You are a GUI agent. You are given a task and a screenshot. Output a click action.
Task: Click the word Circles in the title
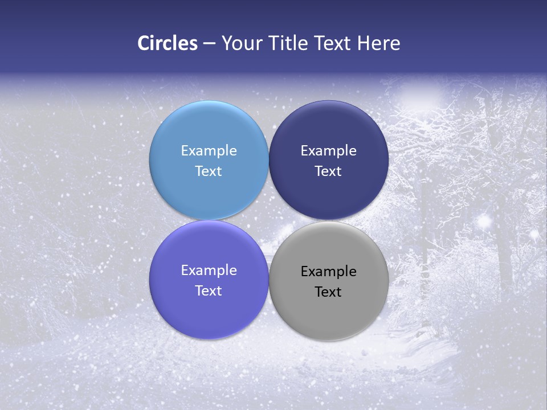click(167, 43)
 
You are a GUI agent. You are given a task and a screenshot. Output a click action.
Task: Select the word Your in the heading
click(239, 43)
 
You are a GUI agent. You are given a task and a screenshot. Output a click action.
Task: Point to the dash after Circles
click(209, 44)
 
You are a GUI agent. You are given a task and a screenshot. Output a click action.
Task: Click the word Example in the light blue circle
click(209, 151)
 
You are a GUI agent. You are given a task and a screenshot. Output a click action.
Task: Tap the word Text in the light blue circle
click(209, 171)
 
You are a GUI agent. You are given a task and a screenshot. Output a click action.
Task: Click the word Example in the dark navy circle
click(328, 151)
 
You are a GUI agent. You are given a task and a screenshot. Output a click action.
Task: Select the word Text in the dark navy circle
click(328, 171)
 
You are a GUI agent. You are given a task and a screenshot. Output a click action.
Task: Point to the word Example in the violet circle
click(209, 270)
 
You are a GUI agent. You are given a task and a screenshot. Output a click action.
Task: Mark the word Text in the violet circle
click(209, 291)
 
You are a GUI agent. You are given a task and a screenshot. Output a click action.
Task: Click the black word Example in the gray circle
click(328, 272)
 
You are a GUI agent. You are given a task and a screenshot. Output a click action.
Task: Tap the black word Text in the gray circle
click(328, 292)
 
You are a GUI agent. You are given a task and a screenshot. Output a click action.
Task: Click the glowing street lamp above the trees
click(422, 91)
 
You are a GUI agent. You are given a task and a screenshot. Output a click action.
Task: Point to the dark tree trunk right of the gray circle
click(424, 273)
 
